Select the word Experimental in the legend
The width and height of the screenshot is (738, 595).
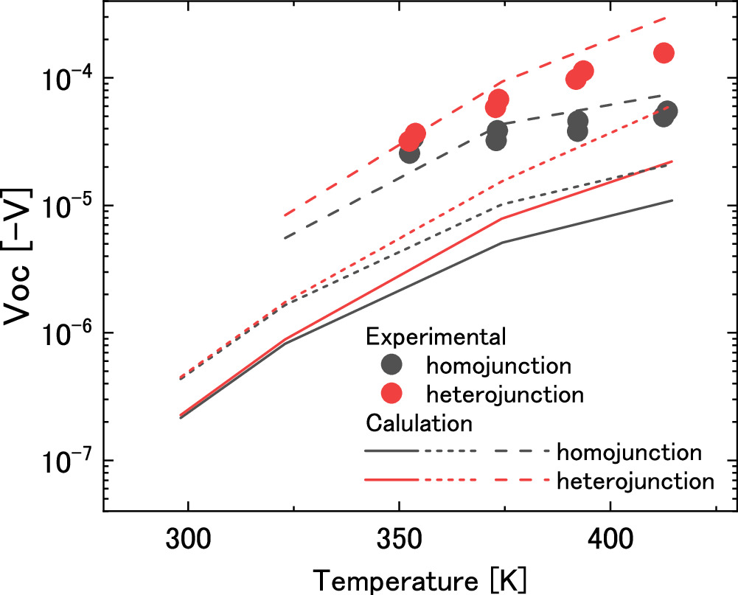pyautogui.click(x=436, y=336)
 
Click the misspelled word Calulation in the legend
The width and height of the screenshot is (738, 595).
pyautogui.click(x=419, y=423)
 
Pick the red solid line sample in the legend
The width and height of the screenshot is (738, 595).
pyautogui.click(x=391, y=479)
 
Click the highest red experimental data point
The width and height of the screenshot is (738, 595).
pyautogui.click(x=664, y=53)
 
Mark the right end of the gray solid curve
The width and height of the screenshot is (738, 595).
pyautogui.click(x=672, y=201)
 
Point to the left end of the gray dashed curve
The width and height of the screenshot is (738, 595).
pyautogui.click(x=285, y=237)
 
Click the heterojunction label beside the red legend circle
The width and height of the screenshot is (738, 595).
pyautogui.click(x=505, y=394)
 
